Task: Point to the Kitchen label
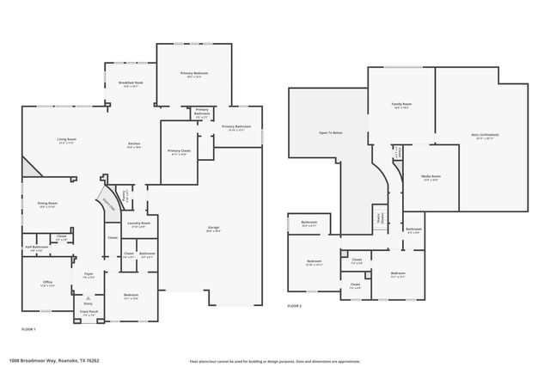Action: pos(134,144)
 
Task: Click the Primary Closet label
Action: pos(179,152)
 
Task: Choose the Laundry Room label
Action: pos(139,224)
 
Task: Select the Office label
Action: pos(47,284)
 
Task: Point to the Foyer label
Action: pos(89,275)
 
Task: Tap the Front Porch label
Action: pos(89,312)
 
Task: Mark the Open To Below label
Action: pos(331,133)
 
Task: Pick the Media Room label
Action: pos(429,177)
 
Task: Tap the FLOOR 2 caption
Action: pos(296,305)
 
